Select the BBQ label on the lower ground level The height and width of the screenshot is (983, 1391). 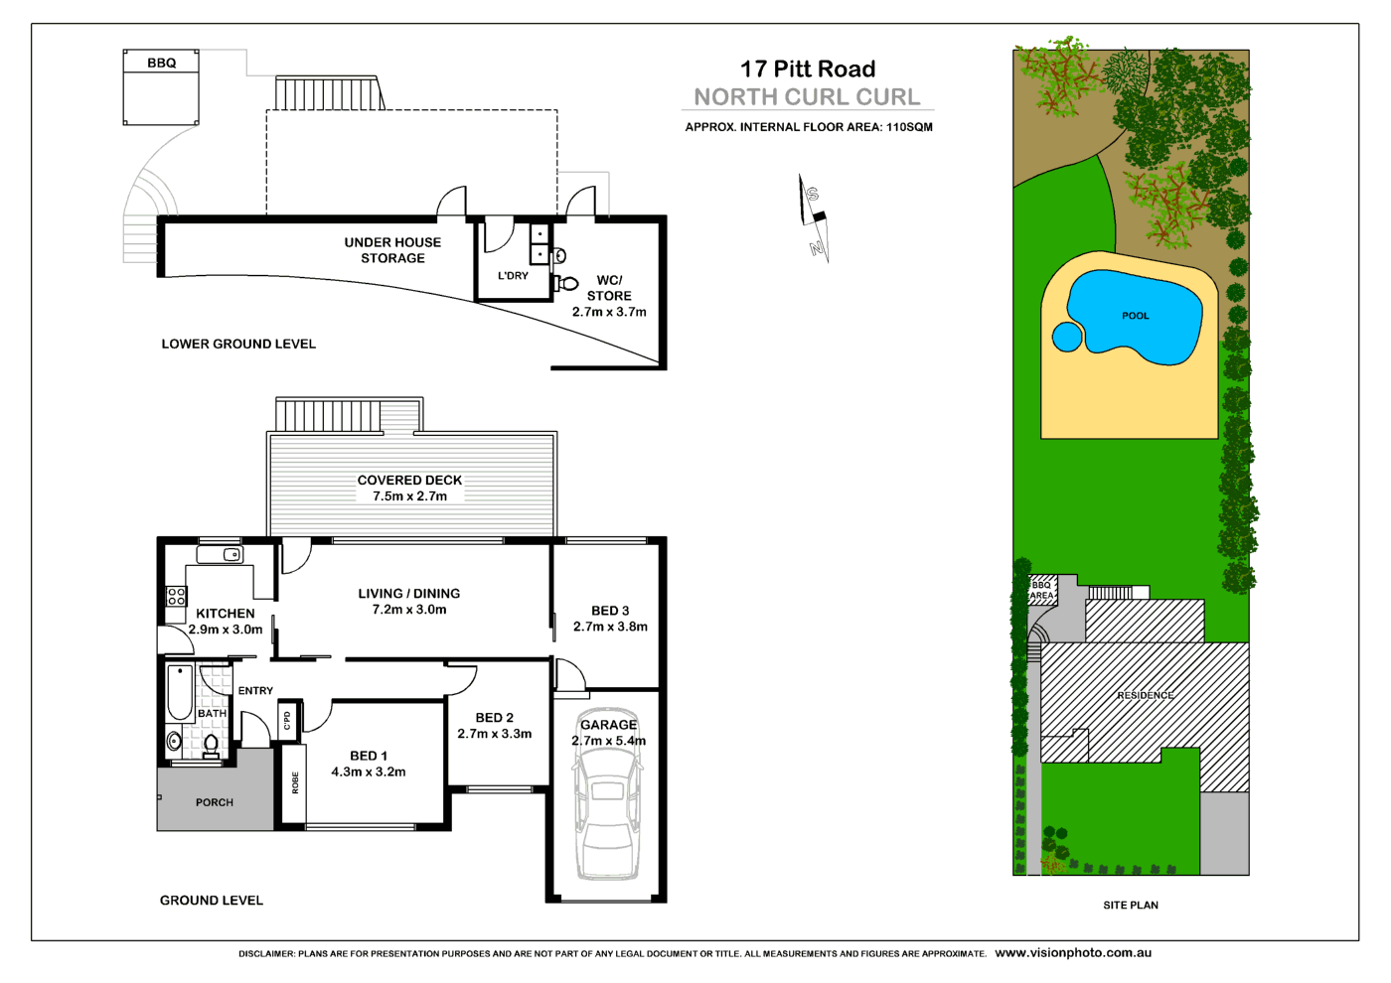161,63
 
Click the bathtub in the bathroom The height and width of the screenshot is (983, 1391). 180,692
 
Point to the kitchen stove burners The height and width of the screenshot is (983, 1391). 176,596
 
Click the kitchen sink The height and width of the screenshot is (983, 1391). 220,554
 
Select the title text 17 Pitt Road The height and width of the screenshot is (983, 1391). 808,70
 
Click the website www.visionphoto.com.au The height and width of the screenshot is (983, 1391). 1073,953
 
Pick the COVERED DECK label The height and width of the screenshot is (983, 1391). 409,480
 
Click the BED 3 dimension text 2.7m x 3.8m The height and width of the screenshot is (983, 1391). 610,627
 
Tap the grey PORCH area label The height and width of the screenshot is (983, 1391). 215,802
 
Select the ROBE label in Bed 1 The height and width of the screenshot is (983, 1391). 295,783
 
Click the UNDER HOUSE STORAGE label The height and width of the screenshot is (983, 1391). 392,250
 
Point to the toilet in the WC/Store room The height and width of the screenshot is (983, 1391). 566,284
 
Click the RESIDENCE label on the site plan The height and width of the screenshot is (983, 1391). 1145,695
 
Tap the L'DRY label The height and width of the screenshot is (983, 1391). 513,276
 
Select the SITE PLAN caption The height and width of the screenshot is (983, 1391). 1130,906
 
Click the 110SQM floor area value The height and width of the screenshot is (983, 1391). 909,127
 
